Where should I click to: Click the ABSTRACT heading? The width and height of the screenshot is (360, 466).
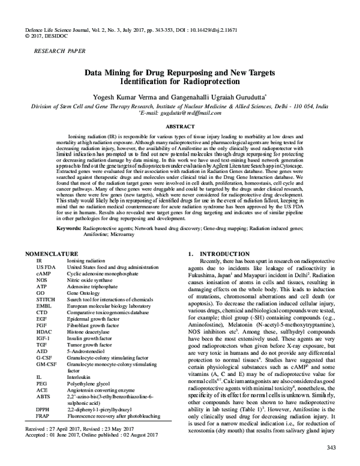click(x=180, y=127)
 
